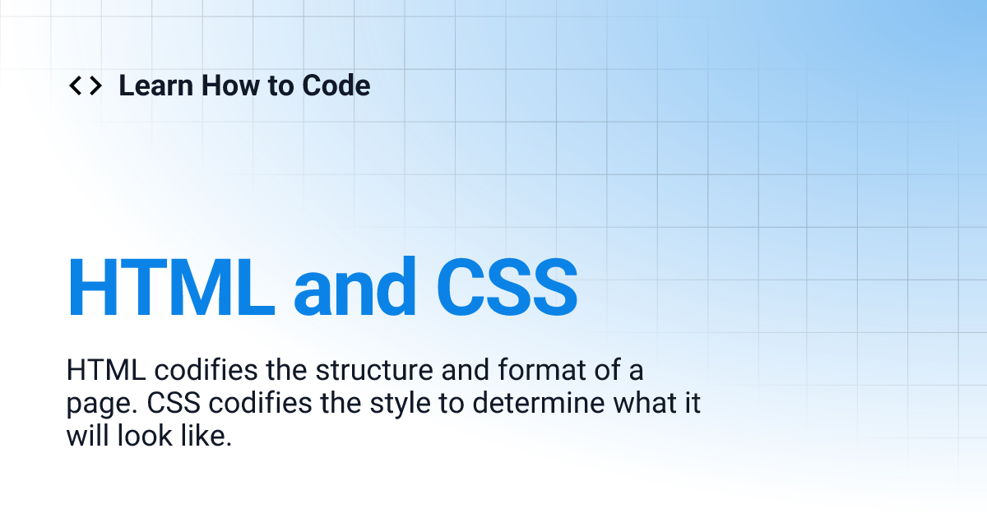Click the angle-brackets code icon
pyautogui.click(x=86, y=86)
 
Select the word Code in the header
pyautogui.click(x=336, y=86)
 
